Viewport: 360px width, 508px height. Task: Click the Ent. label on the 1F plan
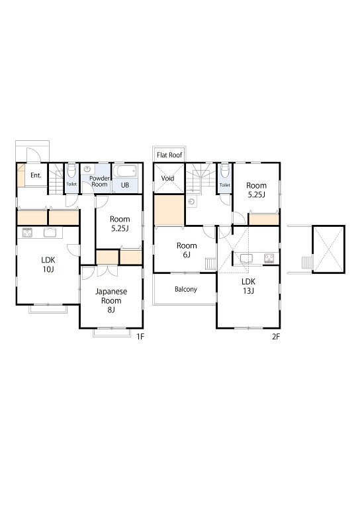pyautogui.click(x=36, y=175)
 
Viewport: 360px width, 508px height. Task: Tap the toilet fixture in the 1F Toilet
pyautogui.click(x=71, y=171)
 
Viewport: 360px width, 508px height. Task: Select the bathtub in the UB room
pyautogui.click(x=125, y=171)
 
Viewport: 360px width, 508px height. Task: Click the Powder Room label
pyautogui.click(x=99, y=181)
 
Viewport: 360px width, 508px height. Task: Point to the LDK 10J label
pyautogui.click(x=48, y=265)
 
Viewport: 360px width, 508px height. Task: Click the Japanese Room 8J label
pyautogui.click(x=111, y=300)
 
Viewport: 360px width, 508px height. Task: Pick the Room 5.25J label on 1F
pyautogui.click(x=120, y=224)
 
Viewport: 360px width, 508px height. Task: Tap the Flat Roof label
pyautogui.click(x=169, y=155)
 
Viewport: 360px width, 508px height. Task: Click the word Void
pyautogui.click(x=167, y=178)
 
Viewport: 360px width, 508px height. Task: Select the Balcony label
pyautogui.click(x=186, y=289)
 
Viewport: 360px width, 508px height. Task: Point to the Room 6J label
pyautogui.click(x=187, y=250)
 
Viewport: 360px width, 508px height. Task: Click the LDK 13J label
pyautogui.click(x=248, y=286)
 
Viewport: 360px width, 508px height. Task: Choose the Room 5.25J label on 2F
pyautogui.click(x=256, y=190)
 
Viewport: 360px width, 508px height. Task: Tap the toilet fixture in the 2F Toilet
pyautogui.click(x=225, y=171)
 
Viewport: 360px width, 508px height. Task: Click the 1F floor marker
pyautogui.click(x=140, y=337)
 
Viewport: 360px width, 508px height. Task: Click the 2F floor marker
pyautogui.click(x=276, y=337)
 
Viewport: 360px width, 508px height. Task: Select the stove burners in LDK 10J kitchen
pyautogui.click(x=27, y=232)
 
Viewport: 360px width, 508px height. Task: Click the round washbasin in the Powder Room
pyautogui.click(x=87, y=169)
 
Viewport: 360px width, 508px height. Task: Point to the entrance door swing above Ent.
pyautogui.click(x=32, y=155)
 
